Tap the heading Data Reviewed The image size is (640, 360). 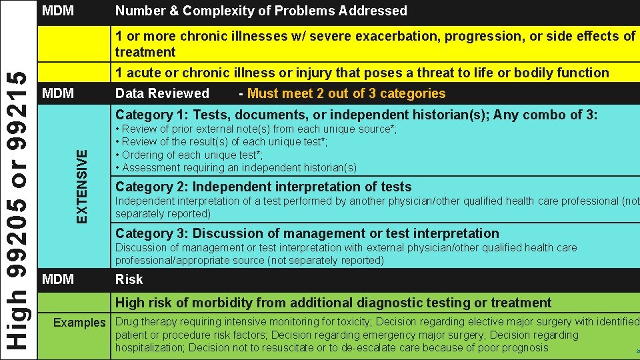click(x=162, y=94)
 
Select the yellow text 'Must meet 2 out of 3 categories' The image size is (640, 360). click(x=346, y=94)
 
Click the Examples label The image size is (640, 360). click(x=79, y=323)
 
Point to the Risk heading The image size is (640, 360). click(x=129, y=279)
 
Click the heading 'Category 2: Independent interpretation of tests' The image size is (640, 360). click(x=263, y=187)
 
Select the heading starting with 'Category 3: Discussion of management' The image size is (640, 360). click(x=307, y=233)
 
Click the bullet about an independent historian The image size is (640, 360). click(x=236, y=168)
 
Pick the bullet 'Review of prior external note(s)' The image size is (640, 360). click(x=256, y=129)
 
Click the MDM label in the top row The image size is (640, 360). click(x=58, y=11)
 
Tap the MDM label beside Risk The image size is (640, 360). click(x=58, y=279)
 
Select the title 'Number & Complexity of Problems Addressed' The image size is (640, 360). click(x=261, y=11)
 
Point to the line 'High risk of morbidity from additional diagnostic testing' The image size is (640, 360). click(x=333, y=303)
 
